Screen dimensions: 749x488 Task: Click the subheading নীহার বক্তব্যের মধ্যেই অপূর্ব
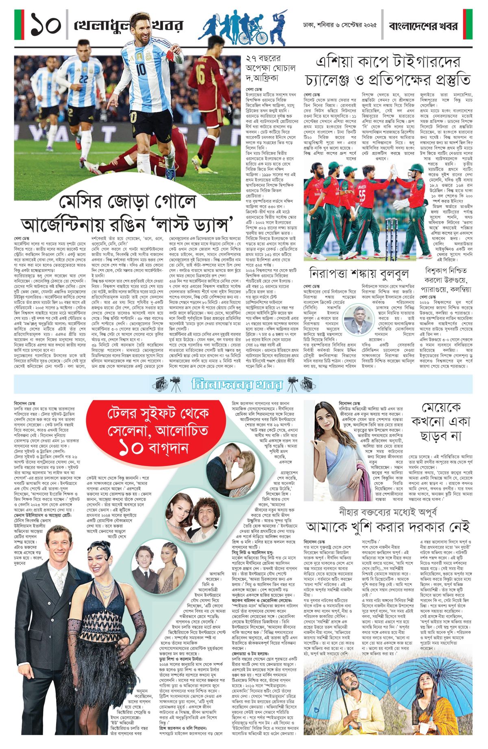388,511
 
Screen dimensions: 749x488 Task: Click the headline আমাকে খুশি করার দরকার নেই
388,527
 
